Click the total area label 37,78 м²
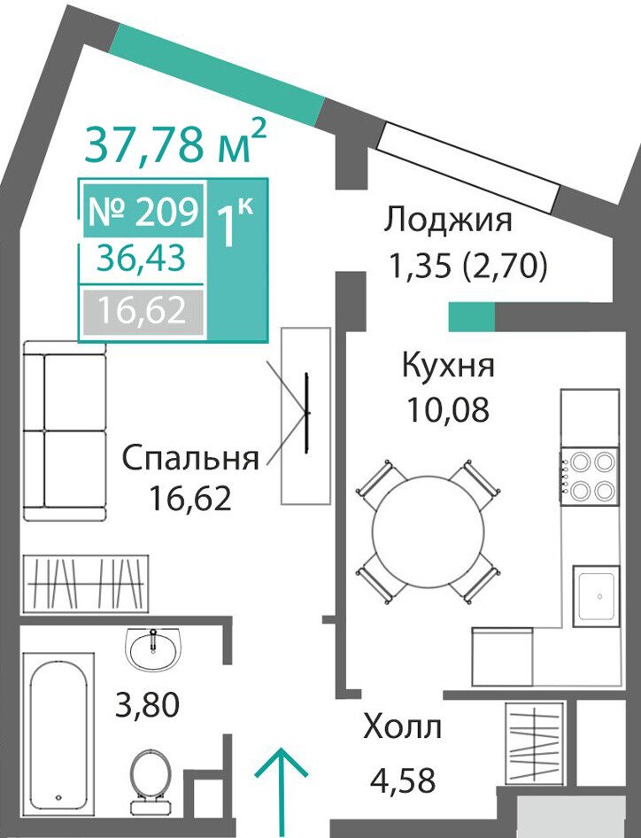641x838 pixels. [x=174, y=143]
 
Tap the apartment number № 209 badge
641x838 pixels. [x=143, y=211]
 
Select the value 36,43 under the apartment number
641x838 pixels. [x=141, y=259]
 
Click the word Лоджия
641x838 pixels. [x=448, y=221]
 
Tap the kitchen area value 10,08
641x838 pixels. [x=448, y=410]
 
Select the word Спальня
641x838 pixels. [x=190, y=459]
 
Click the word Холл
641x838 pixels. [x=402, y=727]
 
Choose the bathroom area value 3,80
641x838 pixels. [x=148, y=704]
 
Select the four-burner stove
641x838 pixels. [x=590, y=476]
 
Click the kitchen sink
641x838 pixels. [x=598, y=596]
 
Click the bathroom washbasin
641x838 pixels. [x=154, y=648]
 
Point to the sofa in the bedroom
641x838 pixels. [x=65, y=431]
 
